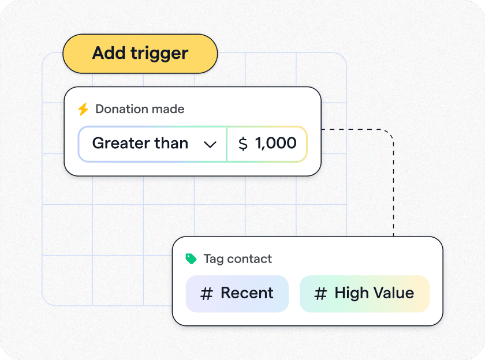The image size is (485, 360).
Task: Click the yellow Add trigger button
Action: [x=140, y=54]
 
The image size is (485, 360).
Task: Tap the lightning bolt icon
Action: [x=83, y=109]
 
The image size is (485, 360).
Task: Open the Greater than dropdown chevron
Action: [x=210, y=144]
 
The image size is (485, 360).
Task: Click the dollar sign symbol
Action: [x=243, y=144]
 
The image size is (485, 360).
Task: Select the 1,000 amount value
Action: [x=275, y=143]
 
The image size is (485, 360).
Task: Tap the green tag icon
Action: [x=191, y=259]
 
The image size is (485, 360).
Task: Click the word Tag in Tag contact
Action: [x=214, y=259]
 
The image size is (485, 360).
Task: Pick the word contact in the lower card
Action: [x=249, y=259]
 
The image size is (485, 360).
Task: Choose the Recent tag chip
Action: [x=237, y=294]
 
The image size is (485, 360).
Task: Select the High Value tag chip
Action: [x=364, y=294]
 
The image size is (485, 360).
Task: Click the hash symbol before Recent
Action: [x=207, y=294]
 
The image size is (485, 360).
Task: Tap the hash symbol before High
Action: [x=320, y=294]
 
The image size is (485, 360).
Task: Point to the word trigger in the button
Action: [x=159, y=54]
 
